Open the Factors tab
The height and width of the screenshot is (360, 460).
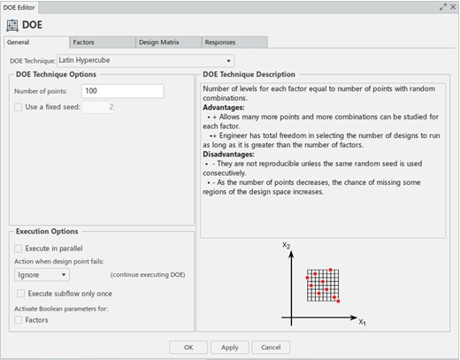[84, 42]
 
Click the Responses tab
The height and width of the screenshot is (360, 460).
[220, 42]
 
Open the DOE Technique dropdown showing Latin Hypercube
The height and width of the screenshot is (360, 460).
[145, 60]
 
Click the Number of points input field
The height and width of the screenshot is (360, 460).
[122, 91]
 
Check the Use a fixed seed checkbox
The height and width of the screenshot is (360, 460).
[19, 107]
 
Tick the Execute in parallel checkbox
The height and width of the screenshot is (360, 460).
[19, 249]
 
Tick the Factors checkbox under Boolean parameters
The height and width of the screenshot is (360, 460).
[19, 320]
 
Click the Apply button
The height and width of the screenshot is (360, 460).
[229, 347]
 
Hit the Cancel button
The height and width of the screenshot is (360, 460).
[271, 347]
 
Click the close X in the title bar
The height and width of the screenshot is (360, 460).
[452, 6]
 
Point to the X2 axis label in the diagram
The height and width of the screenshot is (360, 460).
[286, 245]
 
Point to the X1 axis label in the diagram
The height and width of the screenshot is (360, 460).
[363, 324]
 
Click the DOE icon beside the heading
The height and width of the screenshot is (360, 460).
[11, 24]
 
